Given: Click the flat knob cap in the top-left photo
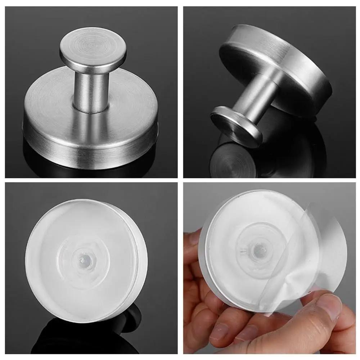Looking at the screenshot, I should click(93, 50).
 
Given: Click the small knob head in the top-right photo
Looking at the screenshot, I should click(236, 126).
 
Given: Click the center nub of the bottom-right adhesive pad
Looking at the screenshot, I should click(258, 251).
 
